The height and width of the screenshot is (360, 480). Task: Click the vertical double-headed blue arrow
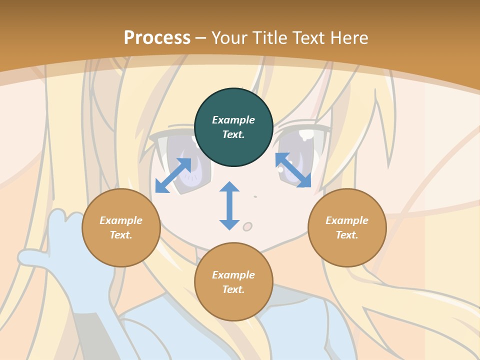(x=229, y=205)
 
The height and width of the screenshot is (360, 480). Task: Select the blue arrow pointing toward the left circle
(x=173, y=175)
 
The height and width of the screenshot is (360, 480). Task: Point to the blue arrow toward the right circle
(x=293, y=170)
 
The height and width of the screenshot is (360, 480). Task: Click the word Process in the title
(x=157, y=37)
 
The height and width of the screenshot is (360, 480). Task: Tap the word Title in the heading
(x=270, y=37)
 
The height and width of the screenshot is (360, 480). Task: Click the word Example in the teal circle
(x=233, y=120)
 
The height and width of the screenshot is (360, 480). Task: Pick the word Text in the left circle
(x=120, y=235)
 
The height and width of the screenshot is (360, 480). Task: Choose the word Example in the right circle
(x=347, y=220)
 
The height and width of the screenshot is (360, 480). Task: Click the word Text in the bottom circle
(x=233, y=289)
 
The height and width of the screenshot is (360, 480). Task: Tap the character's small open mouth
(x=247, y=227)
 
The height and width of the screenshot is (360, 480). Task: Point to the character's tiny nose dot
(x=255, y=196)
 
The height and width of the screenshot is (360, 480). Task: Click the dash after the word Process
(x=200, y=37)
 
